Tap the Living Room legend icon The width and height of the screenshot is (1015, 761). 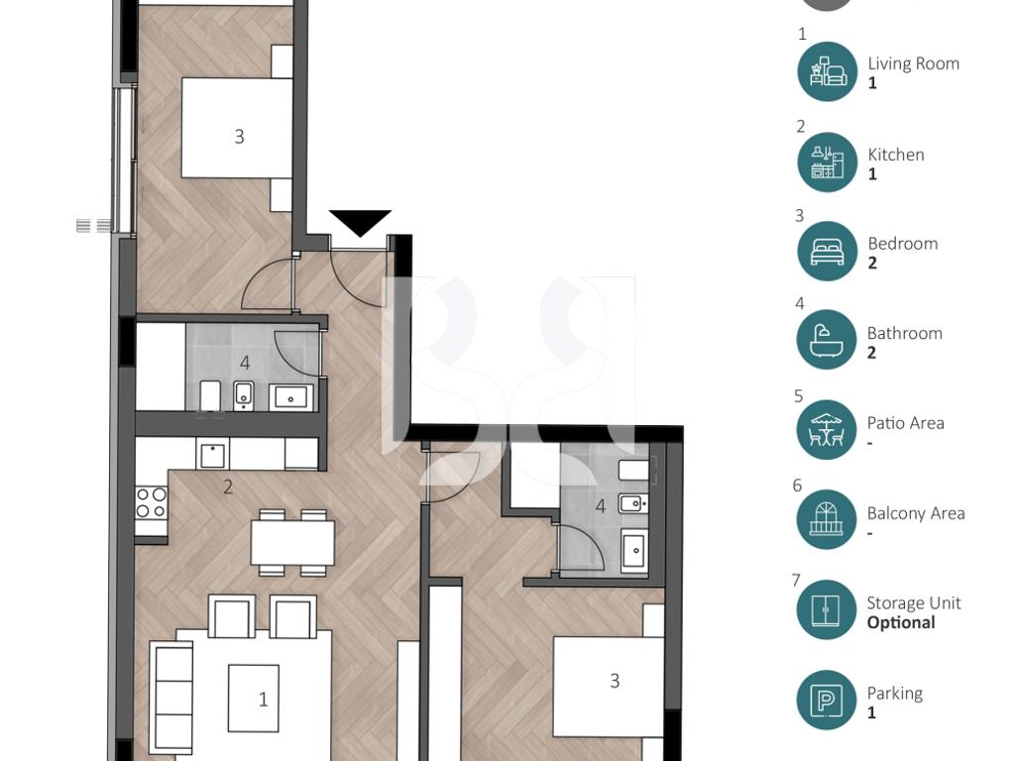click(x=828, y=71)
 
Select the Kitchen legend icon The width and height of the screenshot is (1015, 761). click(x=828, y=162)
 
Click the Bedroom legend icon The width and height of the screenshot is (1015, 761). click(x=828, y=251)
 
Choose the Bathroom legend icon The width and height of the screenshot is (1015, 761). click(x=827, y=340)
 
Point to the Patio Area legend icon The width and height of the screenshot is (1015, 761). click(x=827, y=430)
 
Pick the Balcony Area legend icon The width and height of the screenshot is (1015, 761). click(x=827, y=519)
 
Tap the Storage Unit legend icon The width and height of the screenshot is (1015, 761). click(x=827, y=609)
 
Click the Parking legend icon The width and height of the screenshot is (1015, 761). click(x=827, y=701)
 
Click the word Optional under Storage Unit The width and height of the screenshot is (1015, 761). click(x=901, y=622)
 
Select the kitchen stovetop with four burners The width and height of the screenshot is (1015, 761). click(x=152, y=502)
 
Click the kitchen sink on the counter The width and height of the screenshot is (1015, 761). click(x=212, y=454)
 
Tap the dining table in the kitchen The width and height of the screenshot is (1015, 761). click(x=292, y=542)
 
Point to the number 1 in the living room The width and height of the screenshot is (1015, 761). click(x=263, y=699)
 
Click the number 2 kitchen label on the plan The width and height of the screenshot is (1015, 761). click(x=228, y=487)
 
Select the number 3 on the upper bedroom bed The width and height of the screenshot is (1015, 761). click(x=240, y=137)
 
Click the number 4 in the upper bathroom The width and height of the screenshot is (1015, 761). click(x=245, y=363)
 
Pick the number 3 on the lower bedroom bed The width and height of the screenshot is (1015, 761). click(x=615, y=680)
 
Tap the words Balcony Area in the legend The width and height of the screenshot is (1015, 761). click(x=916, y=513)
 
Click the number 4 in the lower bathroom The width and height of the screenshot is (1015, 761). click(x=601, y=506)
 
